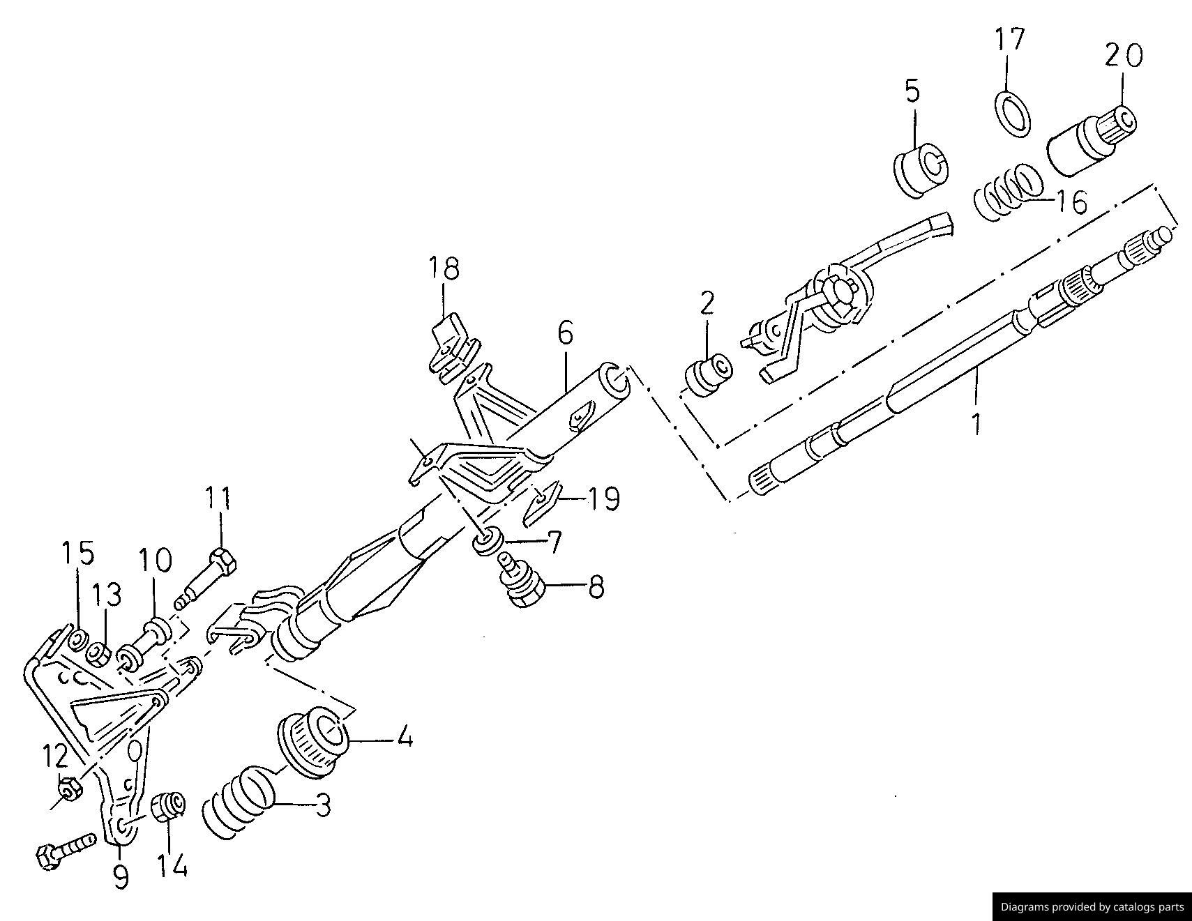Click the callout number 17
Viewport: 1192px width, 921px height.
[1009, 40]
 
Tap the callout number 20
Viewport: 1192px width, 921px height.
[1124, 55]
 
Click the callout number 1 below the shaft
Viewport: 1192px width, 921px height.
[977, 424]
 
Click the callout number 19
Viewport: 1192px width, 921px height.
[603, 499]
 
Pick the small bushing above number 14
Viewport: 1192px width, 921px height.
[168, 807]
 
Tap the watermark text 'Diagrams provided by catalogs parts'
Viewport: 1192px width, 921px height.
[1092, 907]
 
